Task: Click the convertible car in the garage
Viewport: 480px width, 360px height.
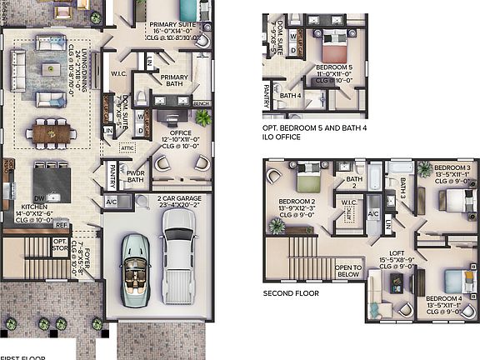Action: [137, 266]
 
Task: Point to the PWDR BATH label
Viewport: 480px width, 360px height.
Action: [135, 177]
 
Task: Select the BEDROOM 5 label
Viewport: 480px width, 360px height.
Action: [339, 67]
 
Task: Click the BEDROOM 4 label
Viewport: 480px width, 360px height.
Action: [442, 298]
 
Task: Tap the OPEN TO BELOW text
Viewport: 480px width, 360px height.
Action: [348, 271]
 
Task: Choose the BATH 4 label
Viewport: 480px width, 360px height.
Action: [291, 95]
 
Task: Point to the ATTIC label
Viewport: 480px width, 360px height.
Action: [127, 147]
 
